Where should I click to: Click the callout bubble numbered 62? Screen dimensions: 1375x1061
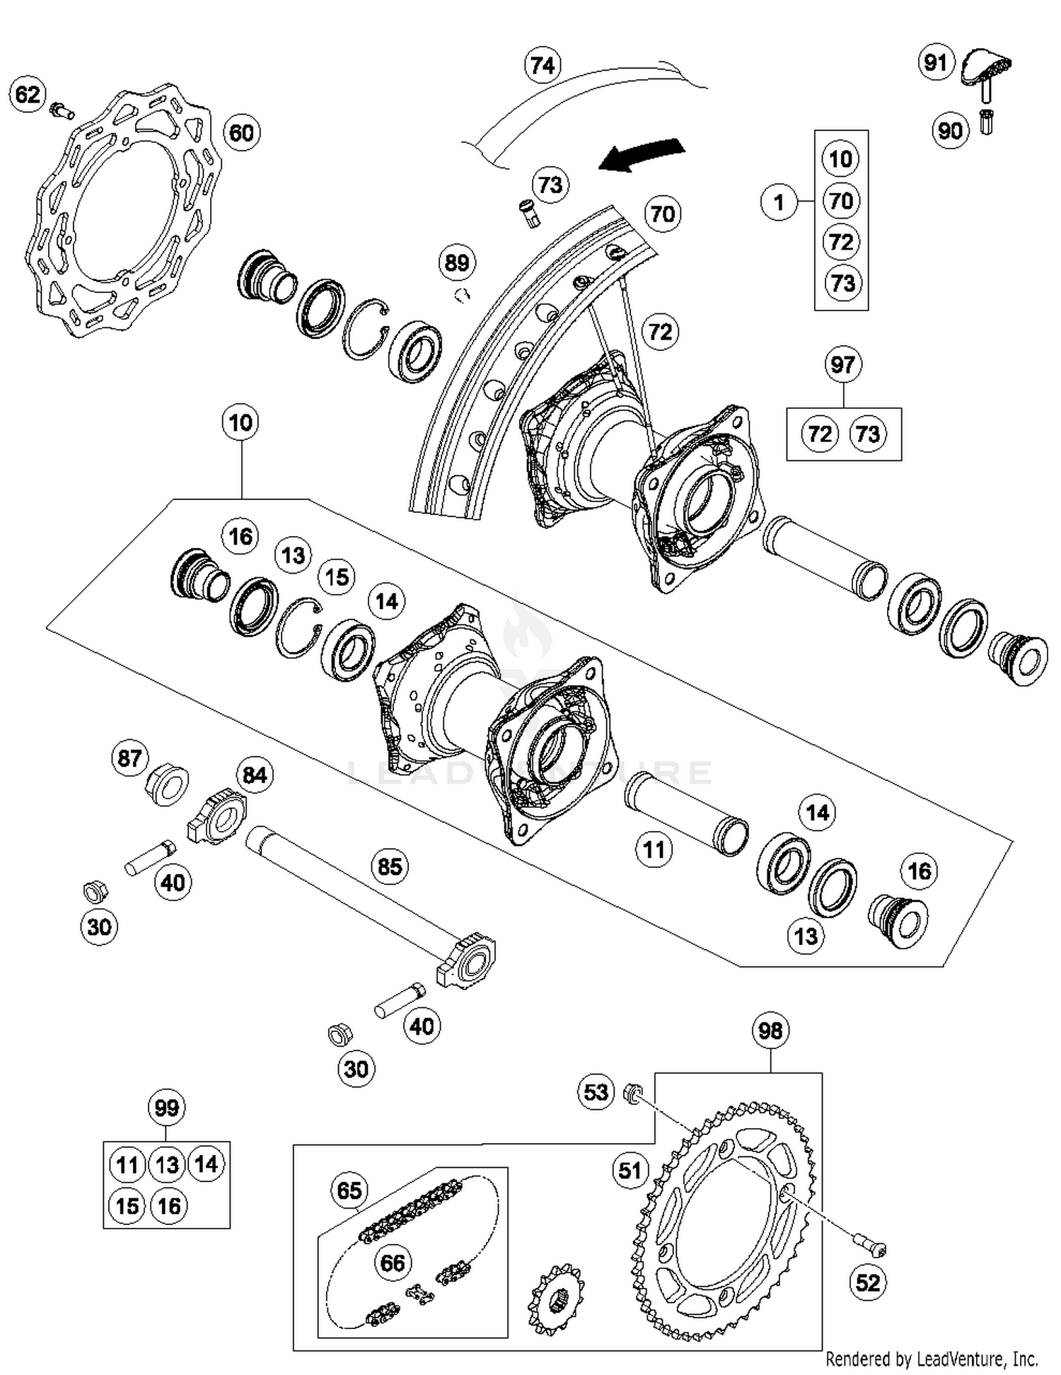click(28, 94)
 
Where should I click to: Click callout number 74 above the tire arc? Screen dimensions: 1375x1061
click(543, 65)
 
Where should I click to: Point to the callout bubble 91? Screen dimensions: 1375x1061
click(936, 62)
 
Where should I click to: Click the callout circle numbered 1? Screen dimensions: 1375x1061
click(779, 203)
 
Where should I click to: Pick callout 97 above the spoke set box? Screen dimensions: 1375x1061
click(842, 365)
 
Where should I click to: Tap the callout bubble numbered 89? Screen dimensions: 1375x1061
click(456, 262)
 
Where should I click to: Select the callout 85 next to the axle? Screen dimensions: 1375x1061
click(390, 866)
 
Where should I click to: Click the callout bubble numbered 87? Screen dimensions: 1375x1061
click(129, 758)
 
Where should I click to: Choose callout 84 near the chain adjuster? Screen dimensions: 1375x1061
click(255, 775)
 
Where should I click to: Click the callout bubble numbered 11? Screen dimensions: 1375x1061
click(654, 849)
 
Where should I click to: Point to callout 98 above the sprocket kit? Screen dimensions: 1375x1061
click(770, 1031)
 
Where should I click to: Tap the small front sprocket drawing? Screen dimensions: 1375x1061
click(556, 1299)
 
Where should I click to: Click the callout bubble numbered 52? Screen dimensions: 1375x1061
click(868, 1282)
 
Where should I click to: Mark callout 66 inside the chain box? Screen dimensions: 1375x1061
click(393, 1263)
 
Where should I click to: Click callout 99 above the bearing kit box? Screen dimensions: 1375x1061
click(166, 1108)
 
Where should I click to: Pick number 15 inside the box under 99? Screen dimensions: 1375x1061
click(127, 1205)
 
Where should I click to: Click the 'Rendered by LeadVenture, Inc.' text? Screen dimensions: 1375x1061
click(932, 1359)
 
